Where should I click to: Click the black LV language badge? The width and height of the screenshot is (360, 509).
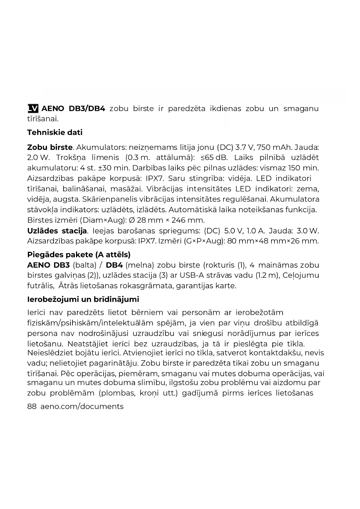pos(33,109)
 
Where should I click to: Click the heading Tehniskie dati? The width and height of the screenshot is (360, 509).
pos(55,132)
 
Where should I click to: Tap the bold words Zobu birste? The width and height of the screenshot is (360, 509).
pos(50,147)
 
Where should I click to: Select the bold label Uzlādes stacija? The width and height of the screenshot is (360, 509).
pos(57,231)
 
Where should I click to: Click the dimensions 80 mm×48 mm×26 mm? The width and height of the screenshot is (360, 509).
pos(273,241)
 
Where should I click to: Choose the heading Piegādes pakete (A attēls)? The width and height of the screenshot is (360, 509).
pos(79,255)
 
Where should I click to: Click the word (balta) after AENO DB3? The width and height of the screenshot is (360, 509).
pos(84,265)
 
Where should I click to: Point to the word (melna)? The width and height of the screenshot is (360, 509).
pos(140,265)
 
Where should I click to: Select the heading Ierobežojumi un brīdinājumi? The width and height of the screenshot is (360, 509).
pos(83,299)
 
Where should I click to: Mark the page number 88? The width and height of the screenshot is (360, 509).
pos(32,406)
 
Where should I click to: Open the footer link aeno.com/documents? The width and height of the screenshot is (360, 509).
pos(82,406)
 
